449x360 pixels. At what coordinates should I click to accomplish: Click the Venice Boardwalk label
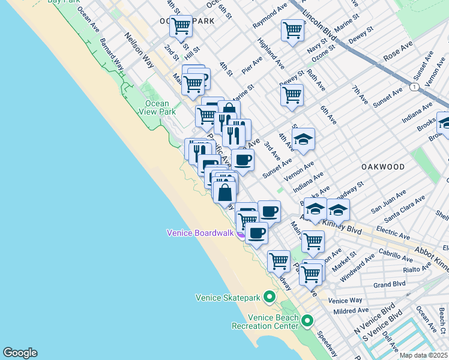click(200, 233)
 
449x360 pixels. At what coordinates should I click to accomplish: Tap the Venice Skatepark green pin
click(270, 297)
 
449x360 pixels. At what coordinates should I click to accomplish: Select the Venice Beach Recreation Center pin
click(307, 320)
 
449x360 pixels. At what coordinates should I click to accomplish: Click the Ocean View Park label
click(157, 107)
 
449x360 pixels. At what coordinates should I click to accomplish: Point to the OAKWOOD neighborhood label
click(383, 166)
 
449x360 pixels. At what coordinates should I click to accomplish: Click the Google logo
click(20, 353)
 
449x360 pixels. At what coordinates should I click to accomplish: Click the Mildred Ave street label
click(352, 310)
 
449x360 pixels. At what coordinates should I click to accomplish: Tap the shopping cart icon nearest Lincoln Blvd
click(292, 30)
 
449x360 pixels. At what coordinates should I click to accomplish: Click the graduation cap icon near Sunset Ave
click(303, 140)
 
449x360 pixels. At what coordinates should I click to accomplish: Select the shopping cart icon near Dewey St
click(291, 95)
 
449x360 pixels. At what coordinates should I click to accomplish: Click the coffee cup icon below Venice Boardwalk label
click(256, 233)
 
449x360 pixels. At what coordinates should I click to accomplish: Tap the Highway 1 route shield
click(414, 87)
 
